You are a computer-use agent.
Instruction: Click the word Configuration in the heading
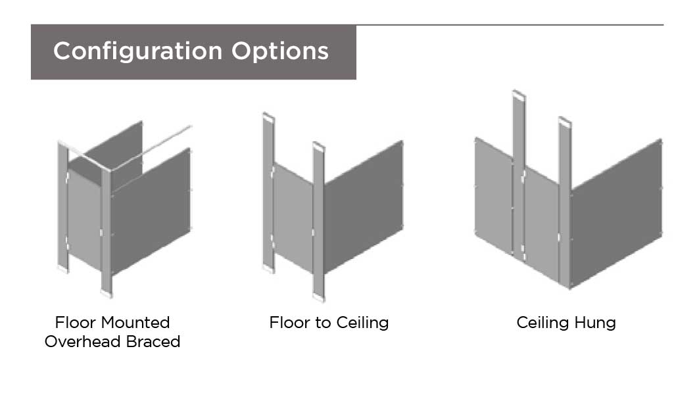(137, 51)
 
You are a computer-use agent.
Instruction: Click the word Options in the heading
(280, 51)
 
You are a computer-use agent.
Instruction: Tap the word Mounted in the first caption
(135, 322)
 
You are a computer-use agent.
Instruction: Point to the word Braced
(153, 342)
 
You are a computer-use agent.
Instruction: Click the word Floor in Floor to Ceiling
(287, 322)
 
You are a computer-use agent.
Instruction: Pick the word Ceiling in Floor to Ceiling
(362, 322)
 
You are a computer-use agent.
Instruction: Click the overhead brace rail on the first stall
(151, 148)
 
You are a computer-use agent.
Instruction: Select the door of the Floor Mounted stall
(84, 219)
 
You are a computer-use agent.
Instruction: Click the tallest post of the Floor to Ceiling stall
(269, 193)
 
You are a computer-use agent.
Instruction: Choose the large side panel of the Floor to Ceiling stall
(363, 207)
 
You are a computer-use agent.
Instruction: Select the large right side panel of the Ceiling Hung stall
(616, 214)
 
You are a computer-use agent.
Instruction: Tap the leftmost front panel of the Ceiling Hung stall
(494, 196)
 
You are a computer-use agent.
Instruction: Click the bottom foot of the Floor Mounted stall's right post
(107, 294)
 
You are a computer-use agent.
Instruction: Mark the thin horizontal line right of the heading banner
(510, 25)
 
